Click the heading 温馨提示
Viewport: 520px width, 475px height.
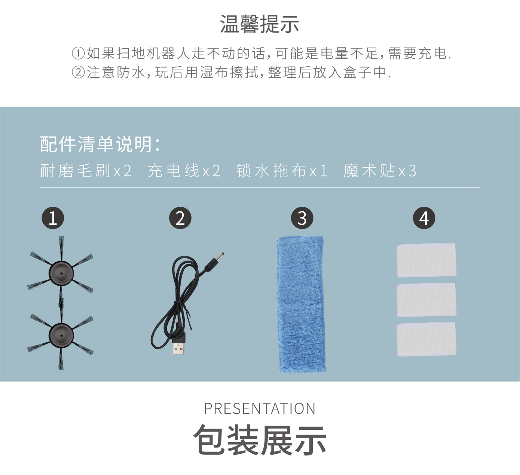pyautogui.click(x=259, y=24)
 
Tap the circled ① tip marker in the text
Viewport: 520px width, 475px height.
pyautogui.click(x=79, y=53)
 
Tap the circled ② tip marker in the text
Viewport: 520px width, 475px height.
pyautogui.click(x=79, y=72)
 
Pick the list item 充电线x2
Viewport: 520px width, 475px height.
pyautogui.click(x=184, y=171)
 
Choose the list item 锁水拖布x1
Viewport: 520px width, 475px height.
pyautogui.click(x=282, y=171)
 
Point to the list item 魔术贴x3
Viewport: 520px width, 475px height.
pyautogui.click(x=380, y=171)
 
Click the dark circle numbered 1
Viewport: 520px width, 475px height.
pyautogui.click(x=53, y=218)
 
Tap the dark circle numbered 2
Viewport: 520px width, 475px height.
pyautogui.click(x=180, y=218)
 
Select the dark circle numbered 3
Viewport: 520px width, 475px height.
pyautogui.click(x=302, y=218)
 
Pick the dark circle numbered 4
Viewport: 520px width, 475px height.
pyautogui.click(x=424, y=218)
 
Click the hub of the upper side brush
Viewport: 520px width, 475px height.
pyautogui.click(x=61, y=272)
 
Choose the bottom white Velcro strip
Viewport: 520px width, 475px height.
pyautogui.click(x=426, y=339)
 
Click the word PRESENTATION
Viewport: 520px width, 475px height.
pyautogui.click(x=260, y=409)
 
